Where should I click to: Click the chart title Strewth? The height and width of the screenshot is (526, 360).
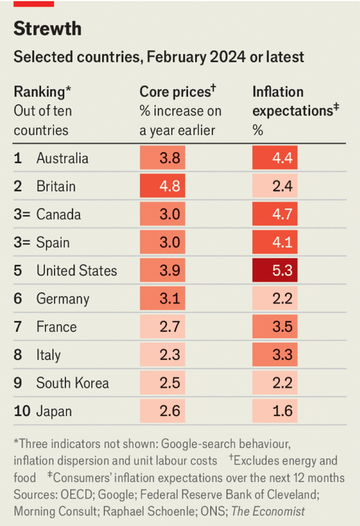(x=47, y=29)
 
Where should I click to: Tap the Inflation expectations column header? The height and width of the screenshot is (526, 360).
(x=278, y=92)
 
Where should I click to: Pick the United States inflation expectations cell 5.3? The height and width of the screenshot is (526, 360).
(x=274, y=271)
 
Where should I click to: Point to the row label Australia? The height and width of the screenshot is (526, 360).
(x=62, y=158)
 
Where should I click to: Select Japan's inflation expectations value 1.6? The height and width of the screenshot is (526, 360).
(x=274, y=411)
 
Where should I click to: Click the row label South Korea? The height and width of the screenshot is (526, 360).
(x=73, y=383)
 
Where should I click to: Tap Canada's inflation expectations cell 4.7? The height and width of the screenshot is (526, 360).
(x=274, y=214)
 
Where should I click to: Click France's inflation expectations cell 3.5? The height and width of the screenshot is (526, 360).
(x=274, y=327)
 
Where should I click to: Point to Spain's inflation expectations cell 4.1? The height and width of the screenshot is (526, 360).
(x=274, y=242)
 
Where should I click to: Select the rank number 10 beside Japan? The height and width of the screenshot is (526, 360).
(x=22, y=411)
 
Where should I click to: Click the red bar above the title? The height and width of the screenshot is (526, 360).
(x=34, y=3)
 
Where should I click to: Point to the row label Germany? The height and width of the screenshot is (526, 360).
(x=62, y=299)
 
